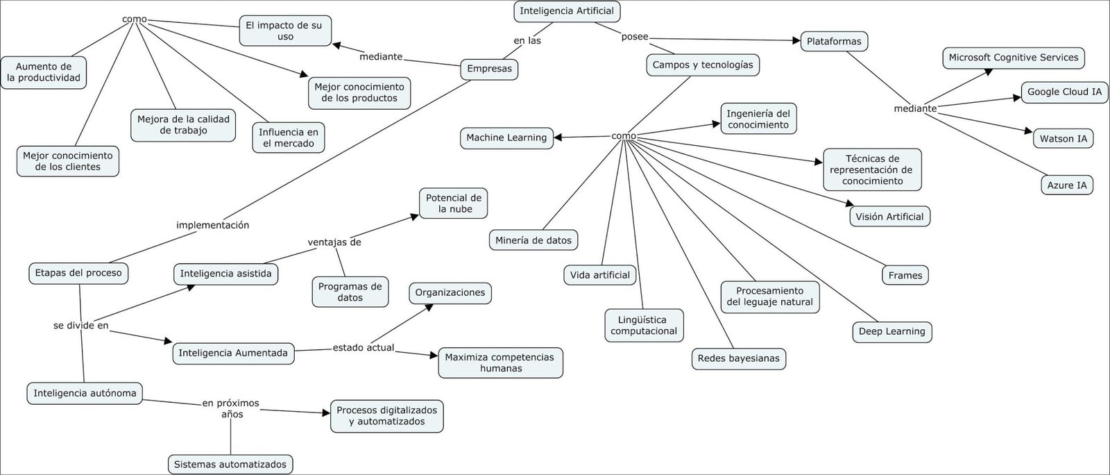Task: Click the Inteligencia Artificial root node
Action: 567,11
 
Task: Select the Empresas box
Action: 489,69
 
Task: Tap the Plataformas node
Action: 834,41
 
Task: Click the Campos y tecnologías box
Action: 702,65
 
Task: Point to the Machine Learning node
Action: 506,137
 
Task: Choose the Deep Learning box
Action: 891,331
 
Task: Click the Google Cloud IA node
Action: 1064,92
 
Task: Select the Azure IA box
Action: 1067,185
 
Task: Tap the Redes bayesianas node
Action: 738,358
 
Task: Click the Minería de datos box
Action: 533,240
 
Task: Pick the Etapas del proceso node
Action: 78,273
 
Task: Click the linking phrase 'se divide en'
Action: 80,325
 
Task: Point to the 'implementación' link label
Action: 212,225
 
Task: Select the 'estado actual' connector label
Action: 363,347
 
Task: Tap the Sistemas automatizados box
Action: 230,465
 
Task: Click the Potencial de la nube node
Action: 454,203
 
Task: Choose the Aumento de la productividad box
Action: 43,72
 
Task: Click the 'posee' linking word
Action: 635,37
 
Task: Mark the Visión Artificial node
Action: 889,217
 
